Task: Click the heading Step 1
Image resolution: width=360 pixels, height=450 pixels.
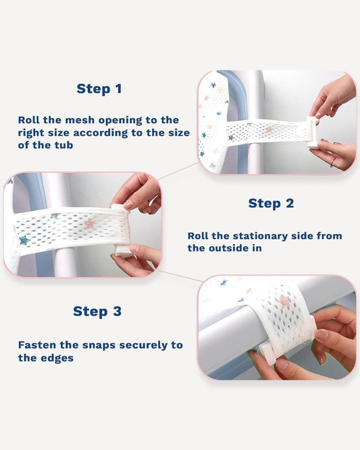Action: coord(99,89)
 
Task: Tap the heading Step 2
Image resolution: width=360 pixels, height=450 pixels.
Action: coord(271,203)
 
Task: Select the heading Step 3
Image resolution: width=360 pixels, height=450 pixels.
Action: coord(97,311)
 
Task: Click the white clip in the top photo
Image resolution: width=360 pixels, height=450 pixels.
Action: coord(312,132)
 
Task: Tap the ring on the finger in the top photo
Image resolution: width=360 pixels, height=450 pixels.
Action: coord(332,161)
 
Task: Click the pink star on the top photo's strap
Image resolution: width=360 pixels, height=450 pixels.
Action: coord(268,129)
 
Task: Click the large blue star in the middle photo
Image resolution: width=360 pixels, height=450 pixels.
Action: coord(24,240)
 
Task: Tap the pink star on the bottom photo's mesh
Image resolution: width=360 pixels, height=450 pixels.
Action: coord(286,301)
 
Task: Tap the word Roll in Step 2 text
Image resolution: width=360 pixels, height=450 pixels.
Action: coord(200,236)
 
